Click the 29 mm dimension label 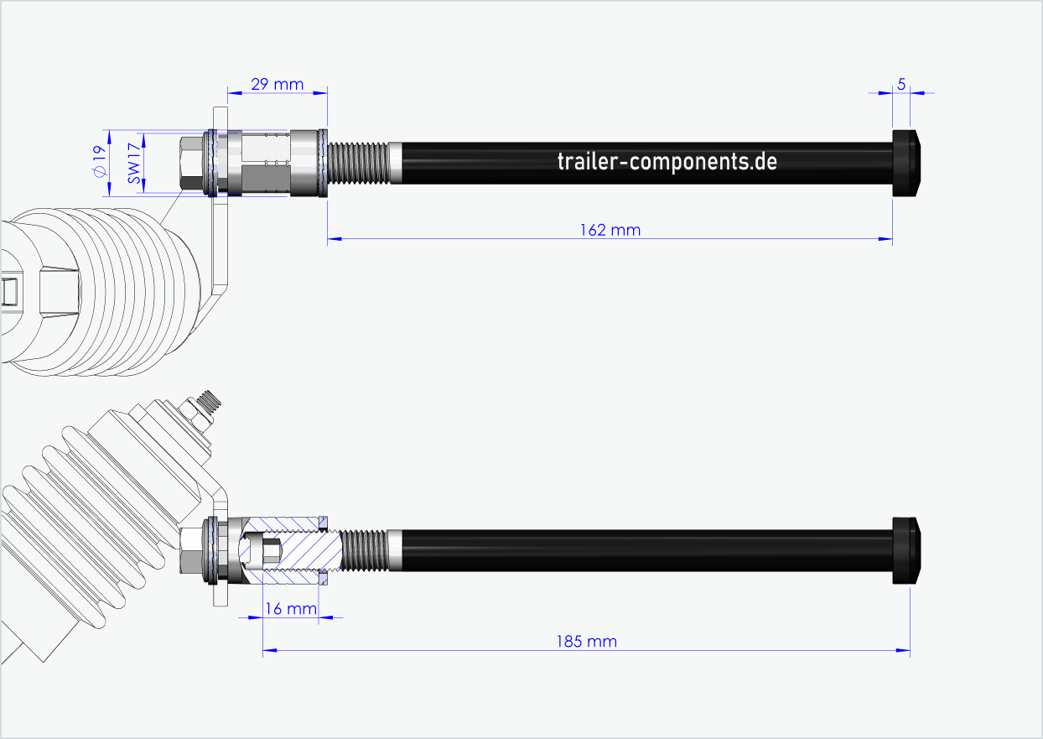(x=277, y=85)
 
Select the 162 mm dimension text (x=610, y=230)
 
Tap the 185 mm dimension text (x=586, y=642)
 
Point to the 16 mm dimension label (x=291, y=608)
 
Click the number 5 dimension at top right (x=901, y=84)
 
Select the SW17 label (x=132, y=164)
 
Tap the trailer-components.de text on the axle (x=667, y=162)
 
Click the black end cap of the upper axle (x=907, y=163)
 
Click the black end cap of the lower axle (x=907, y=551)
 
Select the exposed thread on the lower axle (x=363, y=550)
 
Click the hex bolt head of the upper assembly (x=192, y=164)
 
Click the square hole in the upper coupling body (x=9, y=291)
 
